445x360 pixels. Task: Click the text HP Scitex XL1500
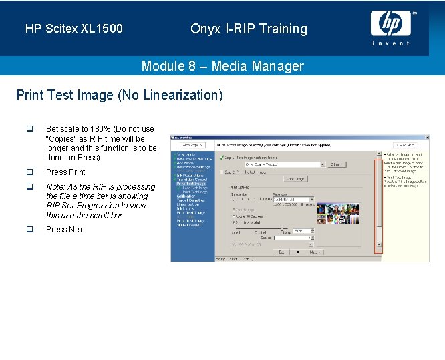pyautogui.click(x=73, y=29)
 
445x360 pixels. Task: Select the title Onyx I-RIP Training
pyautogui.click(x=249, y=29)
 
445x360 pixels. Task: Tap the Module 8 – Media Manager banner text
pyautogui.click(x=222, y=66)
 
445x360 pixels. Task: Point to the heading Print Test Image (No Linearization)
pyautogui.click(x=120, y=95)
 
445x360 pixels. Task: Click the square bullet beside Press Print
pyautogui.click(x=29, y=172)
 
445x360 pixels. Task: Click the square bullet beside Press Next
pyautogui.click(x=29, y=229)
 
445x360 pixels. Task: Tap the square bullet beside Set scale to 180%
pyautogui.click(x=29, y=129)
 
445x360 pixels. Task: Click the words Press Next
pyautogui.click(x=65, y=230)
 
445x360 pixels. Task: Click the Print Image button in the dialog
pyautogui.click(x=295, y=178)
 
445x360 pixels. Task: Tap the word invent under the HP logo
pyautogui.click(x=391, y=43)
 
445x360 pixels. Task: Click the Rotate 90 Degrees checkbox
pyautogui.click(x=232, y=216)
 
